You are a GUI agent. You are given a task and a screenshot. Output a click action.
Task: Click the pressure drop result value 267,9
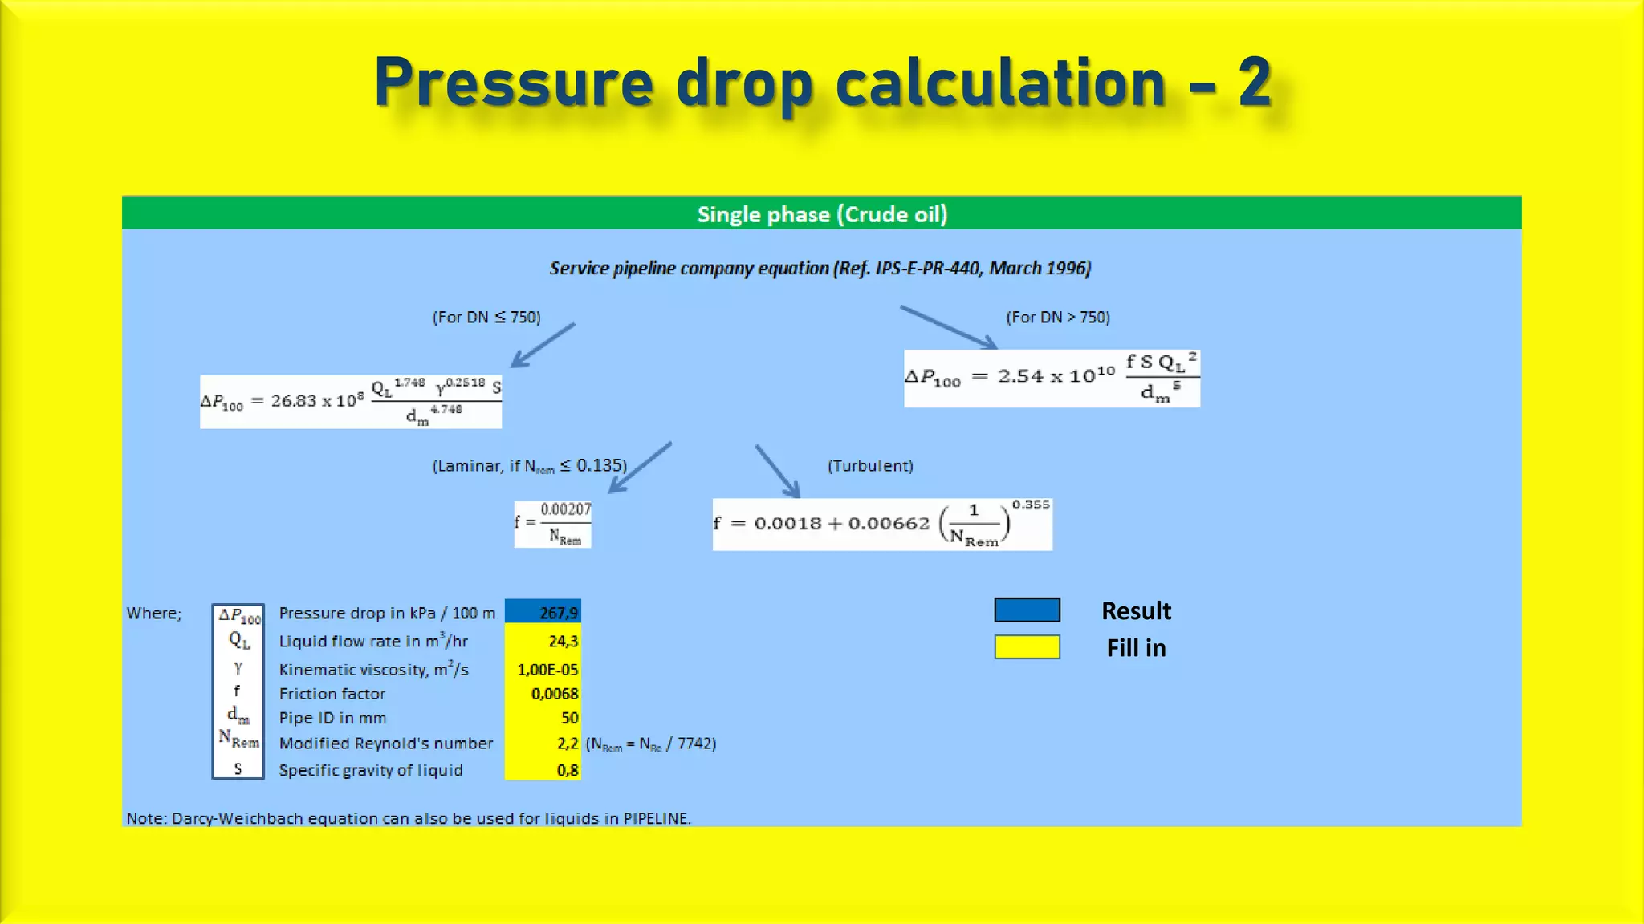pos(543,613)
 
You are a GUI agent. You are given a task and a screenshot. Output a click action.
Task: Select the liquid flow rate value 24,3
pos(543,641)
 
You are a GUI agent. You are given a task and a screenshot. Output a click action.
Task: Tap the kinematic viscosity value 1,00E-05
pos(543,669)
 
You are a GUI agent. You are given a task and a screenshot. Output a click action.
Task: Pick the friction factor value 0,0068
pos(543,694)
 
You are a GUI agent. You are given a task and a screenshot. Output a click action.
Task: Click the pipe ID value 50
pos(543,718)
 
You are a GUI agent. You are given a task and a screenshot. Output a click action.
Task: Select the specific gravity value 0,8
pos(543,770)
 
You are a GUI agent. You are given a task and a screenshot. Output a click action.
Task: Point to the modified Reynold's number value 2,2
pos(543,744)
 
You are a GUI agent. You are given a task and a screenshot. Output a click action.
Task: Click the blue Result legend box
pos(1027,610)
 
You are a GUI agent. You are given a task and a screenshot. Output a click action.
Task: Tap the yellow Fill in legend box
pos(1027,647)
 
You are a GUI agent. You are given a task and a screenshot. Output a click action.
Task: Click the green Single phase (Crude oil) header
pos(821,214)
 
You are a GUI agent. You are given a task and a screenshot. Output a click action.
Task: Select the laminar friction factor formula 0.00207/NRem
pos(553,524)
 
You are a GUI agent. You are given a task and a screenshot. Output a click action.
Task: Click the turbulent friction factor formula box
pos(882,525)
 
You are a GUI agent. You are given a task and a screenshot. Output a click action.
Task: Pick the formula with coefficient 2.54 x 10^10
pos(1052,378)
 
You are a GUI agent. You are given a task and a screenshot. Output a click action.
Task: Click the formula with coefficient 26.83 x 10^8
pos(351,401)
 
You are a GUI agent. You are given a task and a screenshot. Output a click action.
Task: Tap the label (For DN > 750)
pos(1058,318)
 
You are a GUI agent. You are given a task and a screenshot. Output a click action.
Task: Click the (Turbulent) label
pos(870,466)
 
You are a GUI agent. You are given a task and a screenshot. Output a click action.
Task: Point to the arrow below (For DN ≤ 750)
pos(543,346)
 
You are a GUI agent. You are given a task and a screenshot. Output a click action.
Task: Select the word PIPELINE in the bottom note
pos(656,818)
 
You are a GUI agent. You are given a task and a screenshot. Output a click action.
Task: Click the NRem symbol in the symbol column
pos(238,739)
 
